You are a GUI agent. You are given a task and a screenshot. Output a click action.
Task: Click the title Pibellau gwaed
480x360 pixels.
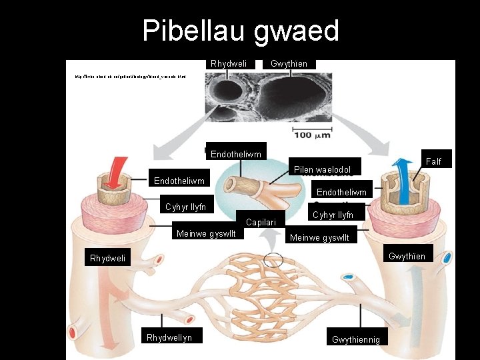point(241,31)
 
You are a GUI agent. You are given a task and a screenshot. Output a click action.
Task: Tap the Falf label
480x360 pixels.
point(433,161)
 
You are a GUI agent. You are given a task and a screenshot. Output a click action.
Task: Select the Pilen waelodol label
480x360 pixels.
point(322,169)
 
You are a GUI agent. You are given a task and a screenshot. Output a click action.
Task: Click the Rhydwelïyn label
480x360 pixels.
point(169,337)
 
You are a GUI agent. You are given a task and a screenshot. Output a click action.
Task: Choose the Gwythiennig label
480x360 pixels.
point(356,339)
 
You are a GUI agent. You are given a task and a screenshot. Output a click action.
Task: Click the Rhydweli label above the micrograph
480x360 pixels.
point(229,63)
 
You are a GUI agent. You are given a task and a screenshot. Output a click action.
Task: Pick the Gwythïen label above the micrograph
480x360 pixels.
point(289,63)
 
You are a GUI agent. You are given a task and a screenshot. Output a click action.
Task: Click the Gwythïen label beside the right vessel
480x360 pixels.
point(407,256)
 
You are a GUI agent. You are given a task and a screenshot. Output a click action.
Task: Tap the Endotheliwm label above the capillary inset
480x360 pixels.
point(236,154)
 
